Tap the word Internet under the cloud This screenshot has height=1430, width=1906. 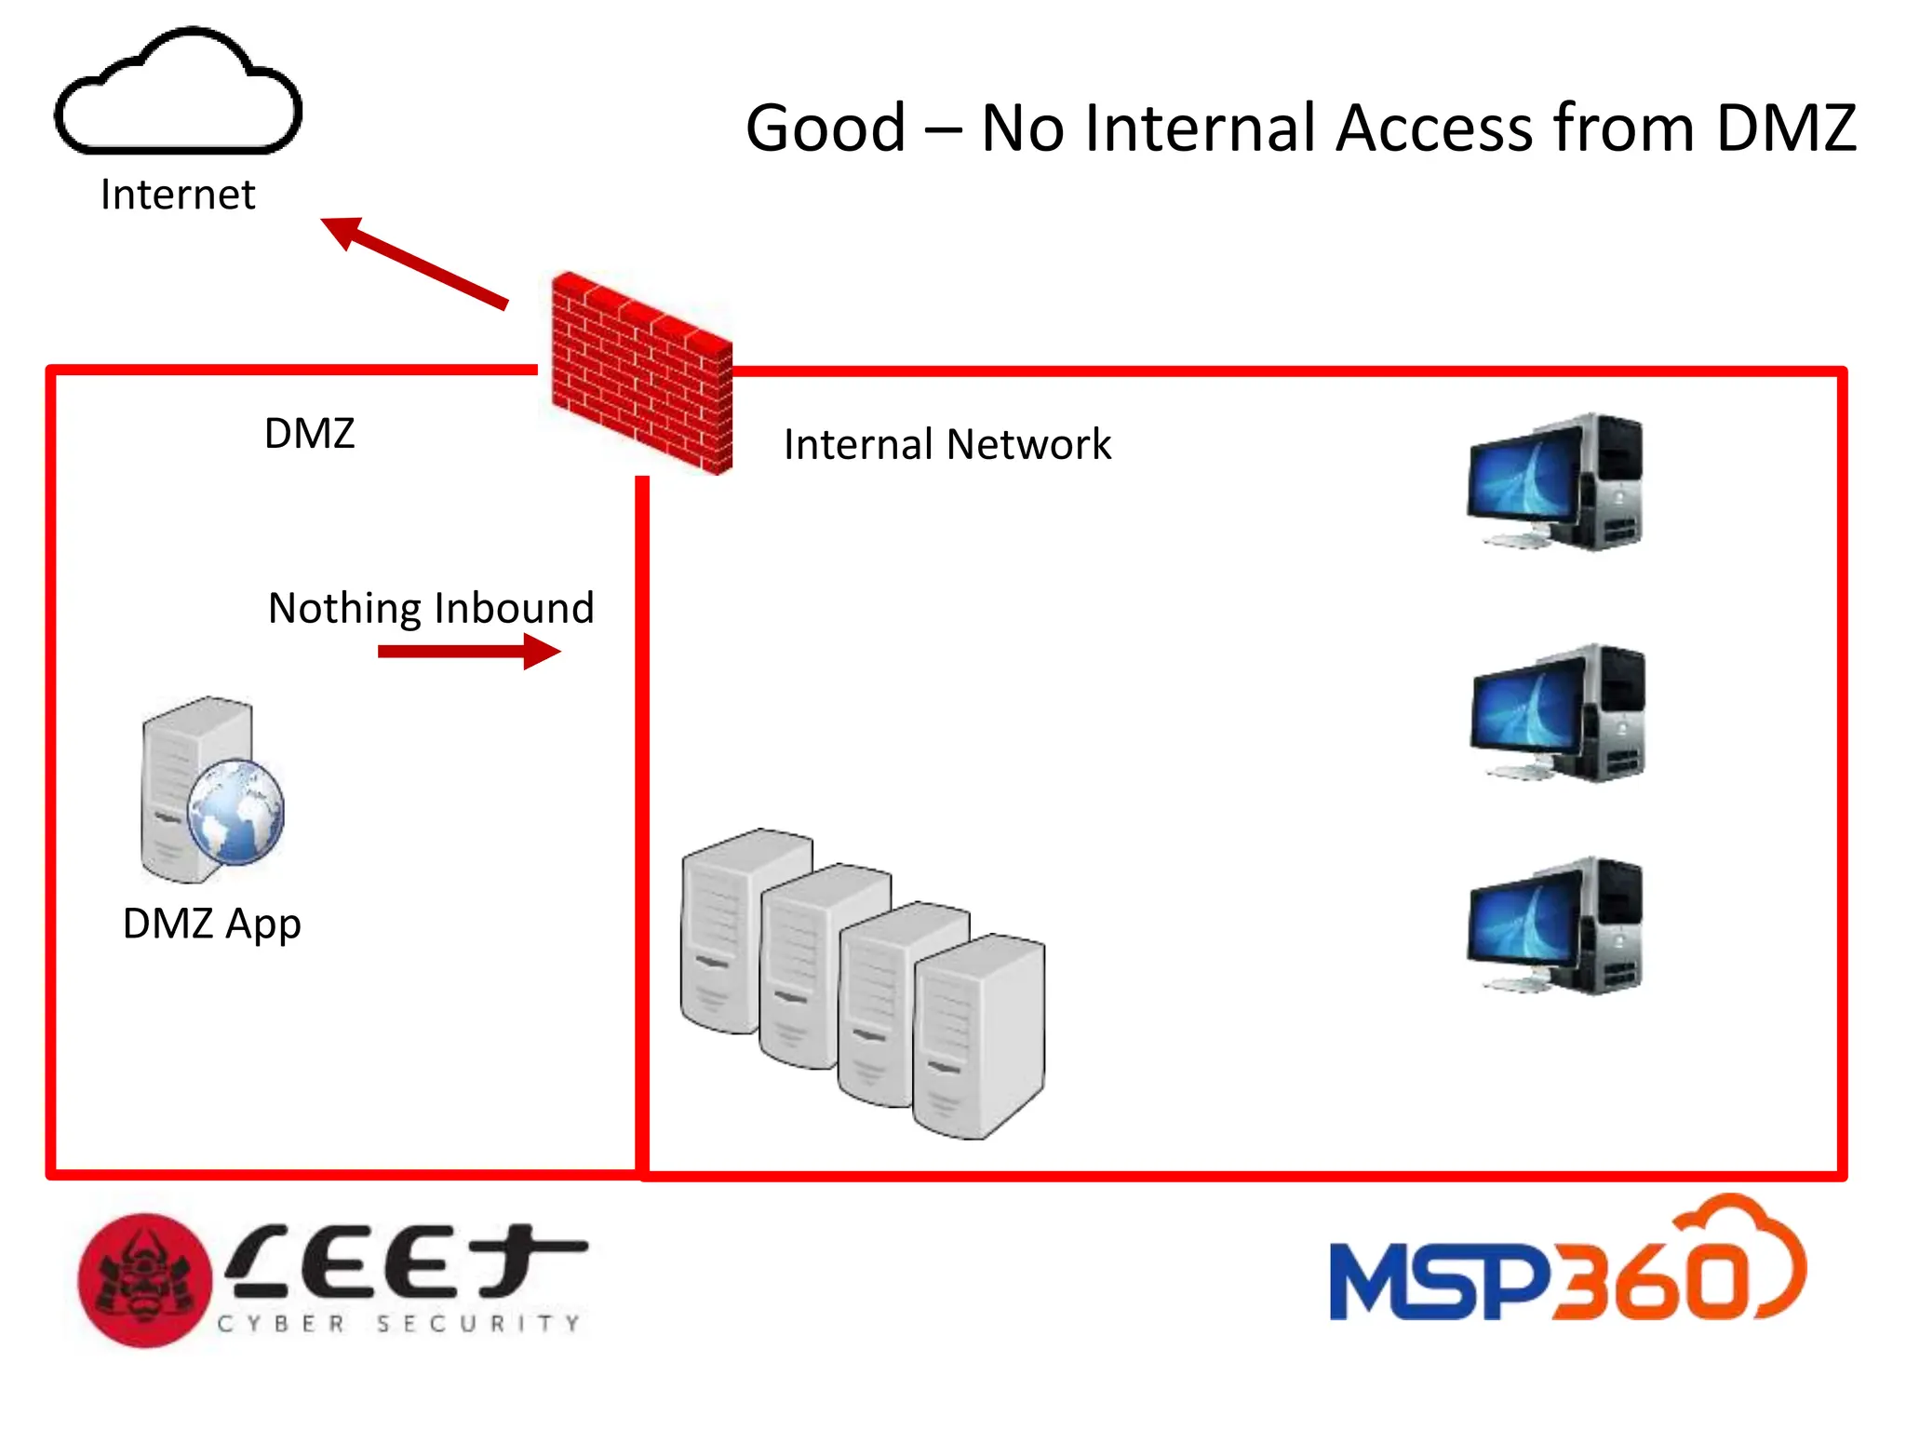coord(177,196)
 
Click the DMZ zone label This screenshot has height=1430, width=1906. coord(309,434)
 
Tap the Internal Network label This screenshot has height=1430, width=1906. coord(946,444)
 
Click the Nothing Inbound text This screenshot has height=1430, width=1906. coord(430,608)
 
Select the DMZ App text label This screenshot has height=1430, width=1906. coord(211,924)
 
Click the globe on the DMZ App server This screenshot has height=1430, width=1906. coord(235,812)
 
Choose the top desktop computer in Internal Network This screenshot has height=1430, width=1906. coord(1554,482)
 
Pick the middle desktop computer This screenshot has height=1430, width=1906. coord(1556,713)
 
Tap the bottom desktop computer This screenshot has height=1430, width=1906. coord(1554,926)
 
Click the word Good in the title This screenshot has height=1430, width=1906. coord(825,128)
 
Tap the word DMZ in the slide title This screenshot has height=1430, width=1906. coord(1785,128)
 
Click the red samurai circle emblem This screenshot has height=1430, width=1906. coord(144,1280)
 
